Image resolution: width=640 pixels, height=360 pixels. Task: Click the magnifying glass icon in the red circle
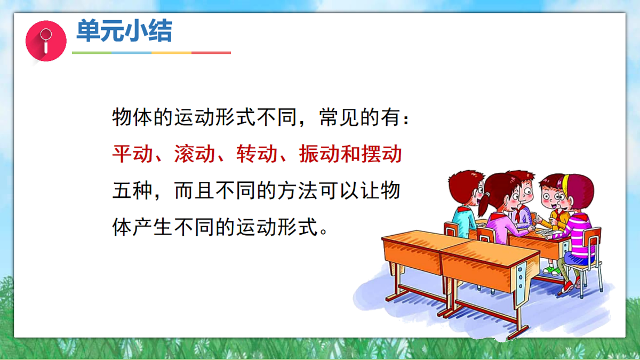pyautogui.click(x=45, y=41)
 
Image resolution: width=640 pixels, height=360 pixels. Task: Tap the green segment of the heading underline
pyautogui.click(x=92, y=53)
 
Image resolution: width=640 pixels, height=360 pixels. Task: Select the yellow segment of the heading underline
pyautogui.click(x=171, y=53)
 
